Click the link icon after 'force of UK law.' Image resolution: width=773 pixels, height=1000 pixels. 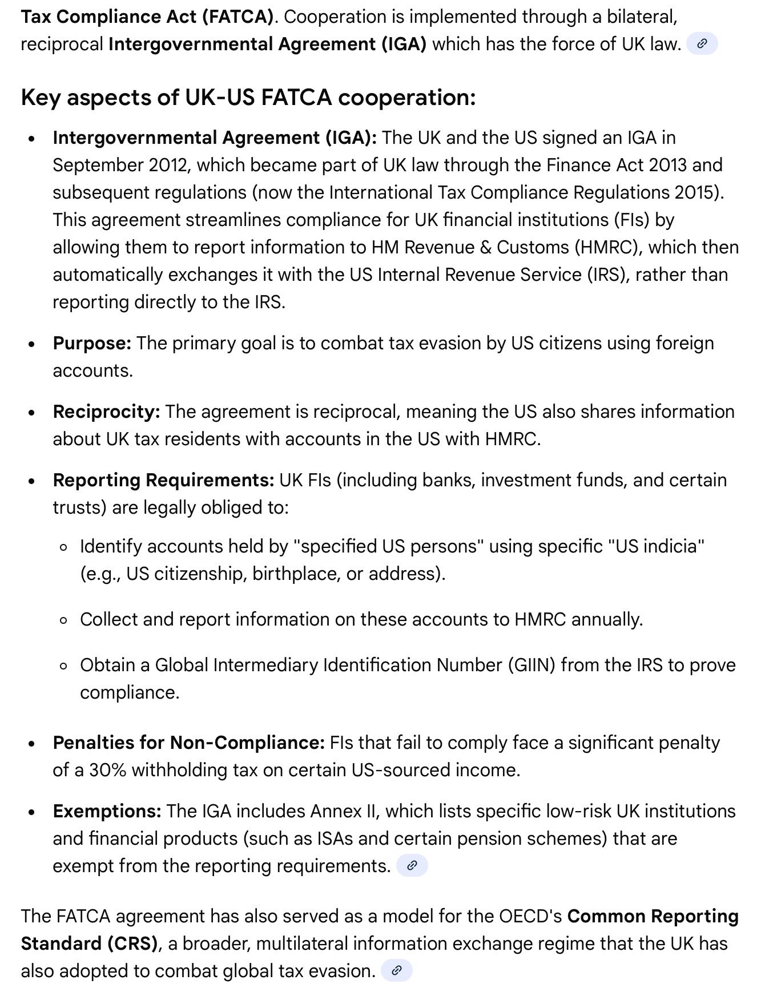point(702,44)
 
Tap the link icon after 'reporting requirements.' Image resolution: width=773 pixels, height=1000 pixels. point(412,866)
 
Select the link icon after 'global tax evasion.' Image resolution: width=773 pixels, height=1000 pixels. point(397,971)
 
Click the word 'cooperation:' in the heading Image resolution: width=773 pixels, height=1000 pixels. point(406,98)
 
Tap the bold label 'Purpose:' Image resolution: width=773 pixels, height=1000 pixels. point(92,343)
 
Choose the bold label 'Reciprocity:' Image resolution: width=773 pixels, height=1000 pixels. point(106,412)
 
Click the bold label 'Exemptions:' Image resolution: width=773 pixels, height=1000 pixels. point(107,811)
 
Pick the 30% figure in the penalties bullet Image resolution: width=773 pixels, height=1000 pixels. point(107,770)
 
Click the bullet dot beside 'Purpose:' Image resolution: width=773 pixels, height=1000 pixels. point(32,344)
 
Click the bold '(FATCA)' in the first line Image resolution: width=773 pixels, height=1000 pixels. point(236,17)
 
